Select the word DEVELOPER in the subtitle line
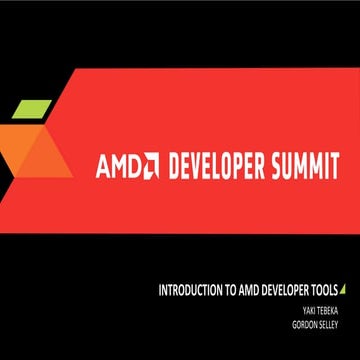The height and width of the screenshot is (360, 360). (291, 291)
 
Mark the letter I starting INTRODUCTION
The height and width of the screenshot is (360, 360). (161, 291)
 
